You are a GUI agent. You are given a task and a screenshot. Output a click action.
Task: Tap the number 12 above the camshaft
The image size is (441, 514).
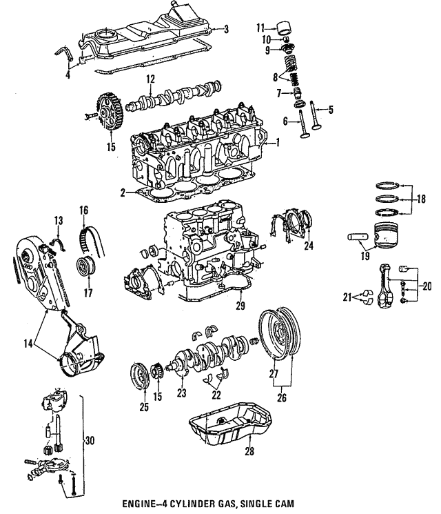click(x=150, y=78)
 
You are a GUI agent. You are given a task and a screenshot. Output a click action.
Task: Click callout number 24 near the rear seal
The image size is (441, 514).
click(x=308, y=246)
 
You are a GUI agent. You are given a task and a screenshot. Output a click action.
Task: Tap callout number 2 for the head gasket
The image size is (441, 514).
click(x=122, y=192)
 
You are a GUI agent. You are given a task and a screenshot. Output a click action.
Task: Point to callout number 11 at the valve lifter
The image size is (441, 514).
click(x=260, y=28)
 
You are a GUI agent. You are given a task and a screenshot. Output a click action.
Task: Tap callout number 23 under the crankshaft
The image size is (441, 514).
click(x=182, y=394)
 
